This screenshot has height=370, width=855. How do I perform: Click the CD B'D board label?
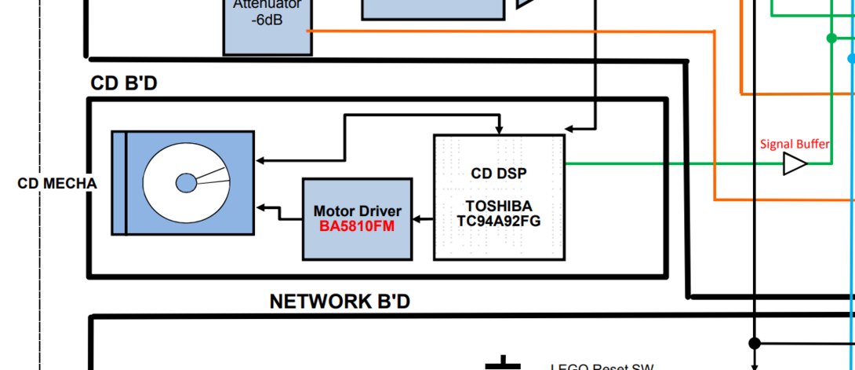(124, 83)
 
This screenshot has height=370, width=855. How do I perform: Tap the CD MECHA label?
(57, 184)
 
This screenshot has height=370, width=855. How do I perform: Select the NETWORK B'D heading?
(340, 302)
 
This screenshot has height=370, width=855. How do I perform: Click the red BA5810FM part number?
(357, 225)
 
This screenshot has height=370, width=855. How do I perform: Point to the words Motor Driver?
(357, 211)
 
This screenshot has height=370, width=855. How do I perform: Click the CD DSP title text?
(499, 174)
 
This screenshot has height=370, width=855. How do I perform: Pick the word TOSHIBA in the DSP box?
(499, 207)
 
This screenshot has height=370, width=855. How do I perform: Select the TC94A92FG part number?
(499, 221)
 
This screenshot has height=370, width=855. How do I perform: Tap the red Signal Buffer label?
(795, 145)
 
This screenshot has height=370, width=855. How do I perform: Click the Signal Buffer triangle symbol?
(794, 164)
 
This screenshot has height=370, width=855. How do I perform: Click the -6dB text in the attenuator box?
(267, 21)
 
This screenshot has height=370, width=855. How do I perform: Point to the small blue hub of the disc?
(186, 183)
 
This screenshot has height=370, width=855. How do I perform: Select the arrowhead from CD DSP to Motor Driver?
(419, 219)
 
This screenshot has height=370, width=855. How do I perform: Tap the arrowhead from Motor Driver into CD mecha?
(262, 207)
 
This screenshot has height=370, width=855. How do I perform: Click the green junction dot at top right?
(831, 38)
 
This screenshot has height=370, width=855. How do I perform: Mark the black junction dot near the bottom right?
(755, 343)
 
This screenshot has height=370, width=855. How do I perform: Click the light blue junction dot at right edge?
(852, 58)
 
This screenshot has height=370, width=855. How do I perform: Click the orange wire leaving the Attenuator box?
(510, 31)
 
